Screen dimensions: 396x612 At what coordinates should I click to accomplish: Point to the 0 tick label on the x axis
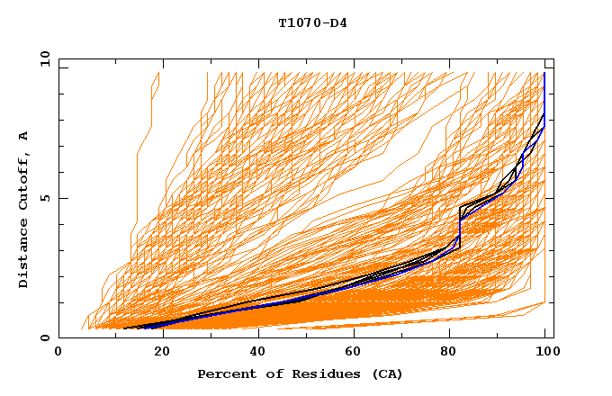tap(59, 352)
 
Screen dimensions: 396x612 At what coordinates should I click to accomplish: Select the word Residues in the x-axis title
tap(316, 373)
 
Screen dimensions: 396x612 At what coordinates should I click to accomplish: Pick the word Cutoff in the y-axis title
tap(24, 179)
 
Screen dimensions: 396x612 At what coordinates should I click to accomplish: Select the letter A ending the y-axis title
tap(24, 135)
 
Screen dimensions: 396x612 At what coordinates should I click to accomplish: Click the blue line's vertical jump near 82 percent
tap(461, 230)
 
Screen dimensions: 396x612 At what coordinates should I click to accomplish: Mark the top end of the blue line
tap(544, 73)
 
